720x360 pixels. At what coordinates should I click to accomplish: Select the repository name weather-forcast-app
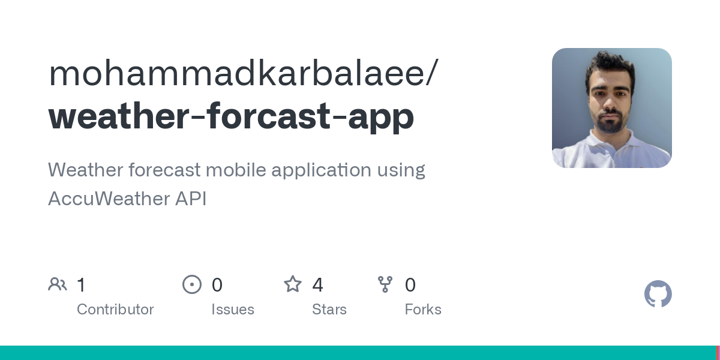[231, 115]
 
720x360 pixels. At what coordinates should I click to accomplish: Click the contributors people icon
[58, 284]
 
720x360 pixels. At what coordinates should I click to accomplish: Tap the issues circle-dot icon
[192, 284]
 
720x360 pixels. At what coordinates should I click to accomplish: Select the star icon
[293, 284]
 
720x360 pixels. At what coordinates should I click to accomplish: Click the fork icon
[385, 284]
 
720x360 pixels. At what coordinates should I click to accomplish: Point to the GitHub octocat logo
[658, 294]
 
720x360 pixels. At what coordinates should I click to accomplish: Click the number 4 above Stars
[317, 284]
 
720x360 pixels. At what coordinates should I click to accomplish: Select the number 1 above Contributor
[82, 284]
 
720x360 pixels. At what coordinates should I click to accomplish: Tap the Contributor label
[115, 310]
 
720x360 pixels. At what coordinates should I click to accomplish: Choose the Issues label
[233, 310]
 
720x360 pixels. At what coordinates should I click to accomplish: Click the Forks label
[423, 310]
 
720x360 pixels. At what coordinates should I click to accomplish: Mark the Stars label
[329, 310]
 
